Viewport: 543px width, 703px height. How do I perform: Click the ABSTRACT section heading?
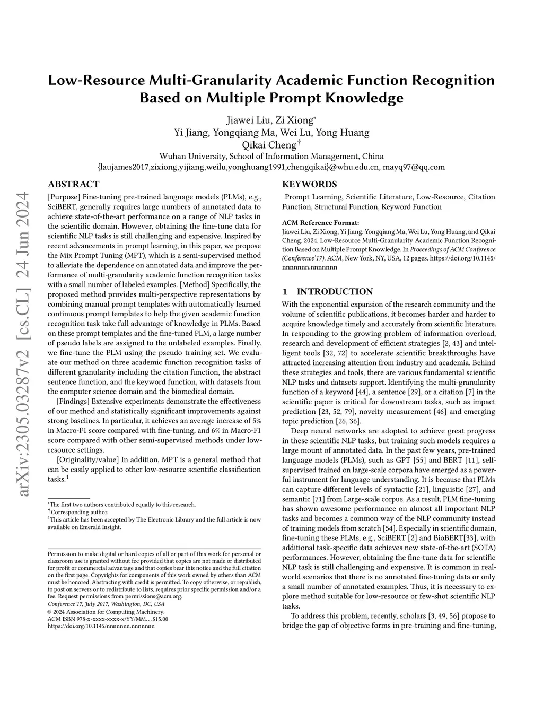pyautogui.click(x=73, y=185)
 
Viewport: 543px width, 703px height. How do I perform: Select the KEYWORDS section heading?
pyautogui.click(x=309, y=185)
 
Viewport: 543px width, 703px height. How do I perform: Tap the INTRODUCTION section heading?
pyautogui.click(x=335, y=292)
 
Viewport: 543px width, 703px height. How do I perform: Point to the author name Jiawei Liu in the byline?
pyautogui.click(x=246, y=120)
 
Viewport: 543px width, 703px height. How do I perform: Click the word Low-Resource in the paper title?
pyautogui.click(x=96, y=81)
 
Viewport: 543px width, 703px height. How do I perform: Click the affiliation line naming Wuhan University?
pyautogui.click(x=271, y=157)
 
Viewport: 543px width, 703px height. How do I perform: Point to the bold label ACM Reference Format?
pyautogui.click(x=320, y=223)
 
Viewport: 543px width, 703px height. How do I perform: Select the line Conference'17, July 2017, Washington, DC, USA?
pyautogui.click(x=106, y=604)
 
